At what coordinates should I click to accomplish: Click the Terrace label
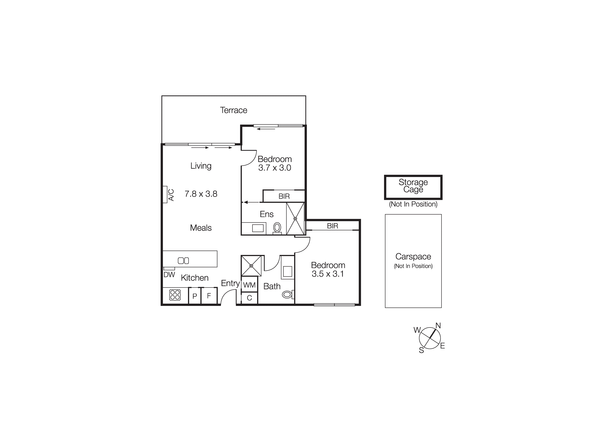(x=233, y=110)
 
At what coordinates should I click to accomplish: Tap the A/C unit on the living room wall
(x=165, y=194)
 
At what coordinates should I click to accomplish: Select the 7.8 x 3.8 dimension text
(x=201, y=194)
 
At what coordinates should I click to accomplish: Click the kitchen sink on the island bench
(x=183, y=261)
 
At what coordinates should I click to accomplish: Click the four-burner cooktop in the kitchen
(x=175, y=295)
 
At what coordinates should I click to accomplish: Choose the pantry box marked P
(x=195, y=296)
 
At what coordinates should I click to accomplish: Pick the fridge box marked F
(x=209, y=296)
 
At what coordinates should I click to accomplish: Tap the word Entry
(x=230, y=283)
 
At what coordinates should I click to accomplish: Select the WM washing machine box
(x=249, y=285)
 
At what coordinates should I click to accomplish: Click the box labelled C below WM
(x=249, y=298)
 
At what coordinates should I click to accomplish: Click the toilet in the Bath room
(x=287, y=294)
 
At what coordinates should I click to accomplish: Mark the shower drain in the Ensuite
(x=295, y=219)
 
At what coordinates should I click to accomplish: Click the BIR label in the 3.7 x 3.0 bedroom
(x=284, y=196)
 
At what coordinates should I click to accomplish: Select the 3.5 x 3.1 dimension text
(x=328, y=274)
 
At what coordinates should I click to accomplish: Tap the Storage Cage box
(x=413, y=187)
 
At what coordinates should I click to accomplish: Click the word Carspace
(x=413, y=257)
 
